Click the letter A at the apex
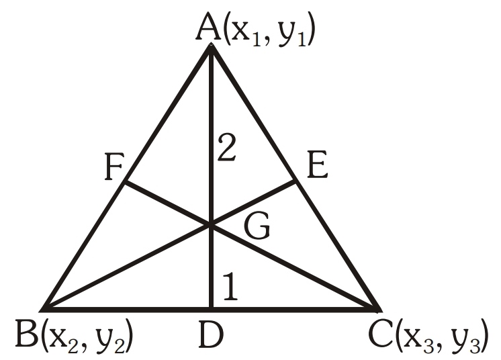pos(210,30)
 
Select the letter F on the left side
pos(114,169)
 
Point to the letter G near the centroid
pos(256,229)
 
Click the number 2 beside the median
pos(227,148)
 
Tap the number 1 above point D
pos(229,287)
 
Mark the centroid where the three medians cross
pos(212,226)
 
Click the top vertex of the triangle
pos(212,47)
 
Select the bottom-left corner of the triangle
pos(43,308)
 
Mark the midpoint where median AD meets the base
pos(212,308)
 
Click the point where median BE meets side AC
pos(295,180)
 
